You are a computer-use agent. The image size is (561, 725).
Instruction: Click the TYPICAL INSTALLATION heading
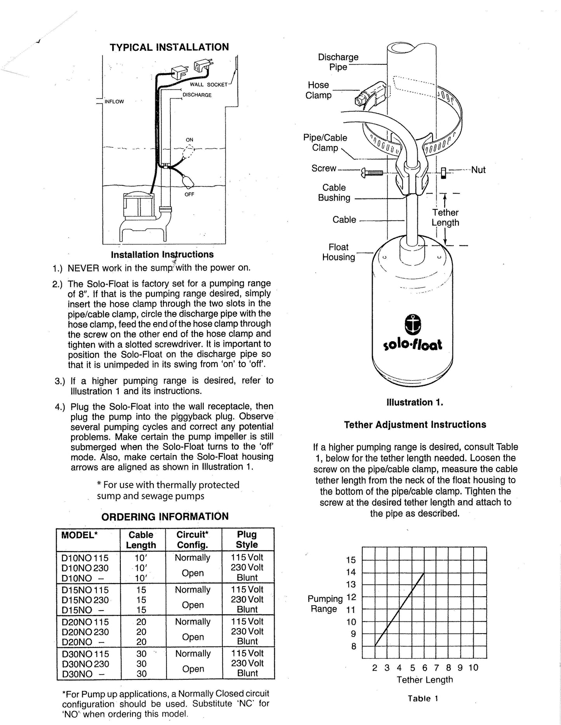coord(169,47)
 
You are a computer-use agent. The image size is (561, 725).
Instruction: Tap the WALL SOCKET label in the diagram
coord(208,85)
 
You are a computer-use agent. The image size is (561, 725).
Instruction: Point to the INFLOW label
coord(114,102)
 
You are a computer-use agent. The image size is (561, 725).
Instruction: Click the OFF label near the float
coord(189,194)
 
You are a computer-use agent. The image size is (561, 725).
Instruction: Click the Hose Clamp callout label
coord(318,90)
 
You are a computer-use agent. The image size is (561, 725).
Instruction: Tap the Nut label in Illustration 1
coord(478,170)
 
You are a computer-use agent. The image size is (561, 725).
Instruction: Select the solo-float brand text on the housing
coord(412,344)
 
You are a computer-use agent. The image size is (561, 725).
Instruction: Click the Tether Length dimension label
coord(445,217)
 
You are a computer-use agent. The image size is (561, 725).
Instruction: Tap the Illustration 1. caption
coord(415,402)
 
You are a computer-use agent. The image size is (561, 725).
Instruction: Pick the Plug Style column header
coord(247,539)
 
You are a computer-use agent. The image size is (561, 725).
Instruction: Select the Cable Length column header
coord(141,540)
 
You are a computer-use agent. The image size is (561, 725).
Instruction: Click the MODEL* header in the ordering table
coord(79,535)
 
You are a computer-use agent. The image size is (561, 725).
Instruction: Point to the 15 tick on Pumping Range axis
coord(351,560)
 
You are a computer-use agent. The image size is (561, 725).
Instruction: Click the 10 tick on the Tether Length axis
coord(473,667)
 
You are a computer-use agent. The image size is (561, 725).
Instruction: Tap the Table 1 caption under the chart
coord(422,698)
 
